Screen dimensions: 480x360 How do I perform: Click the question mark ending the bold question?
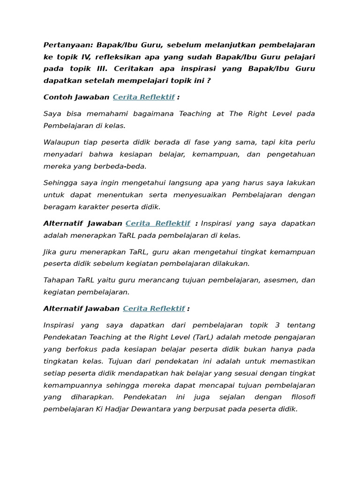(209, 80)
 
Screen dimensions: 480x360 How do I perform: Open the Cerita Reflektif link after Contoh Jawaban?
(143, 97)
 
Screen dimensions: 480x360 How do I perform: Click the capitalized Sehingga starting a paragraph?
(60, 183)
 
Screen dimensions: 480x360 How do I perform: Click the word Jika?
(50, 252)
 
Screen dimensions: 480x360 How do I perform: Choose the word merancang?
(142, 280)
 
